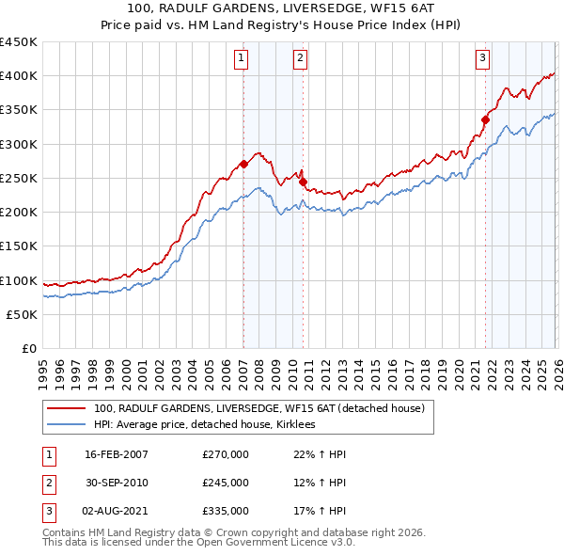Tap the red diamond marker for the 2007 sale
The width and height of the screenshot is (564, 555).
coord(243,164)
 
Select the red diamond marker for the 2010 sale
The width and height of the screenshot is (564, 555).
coord(304,182)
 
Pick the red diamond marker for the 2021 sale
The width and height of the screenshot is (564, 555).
coord(486,119)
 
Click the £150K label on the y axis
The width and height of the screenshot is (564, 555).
coord(19,246)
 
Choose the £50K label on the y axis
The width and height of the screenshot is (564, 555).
coord(23,314)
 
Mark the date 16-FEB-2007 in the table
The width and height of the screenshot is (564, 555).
coord(117,454)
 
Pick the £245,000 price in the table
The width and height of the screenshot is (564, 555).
coord(226,483)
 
